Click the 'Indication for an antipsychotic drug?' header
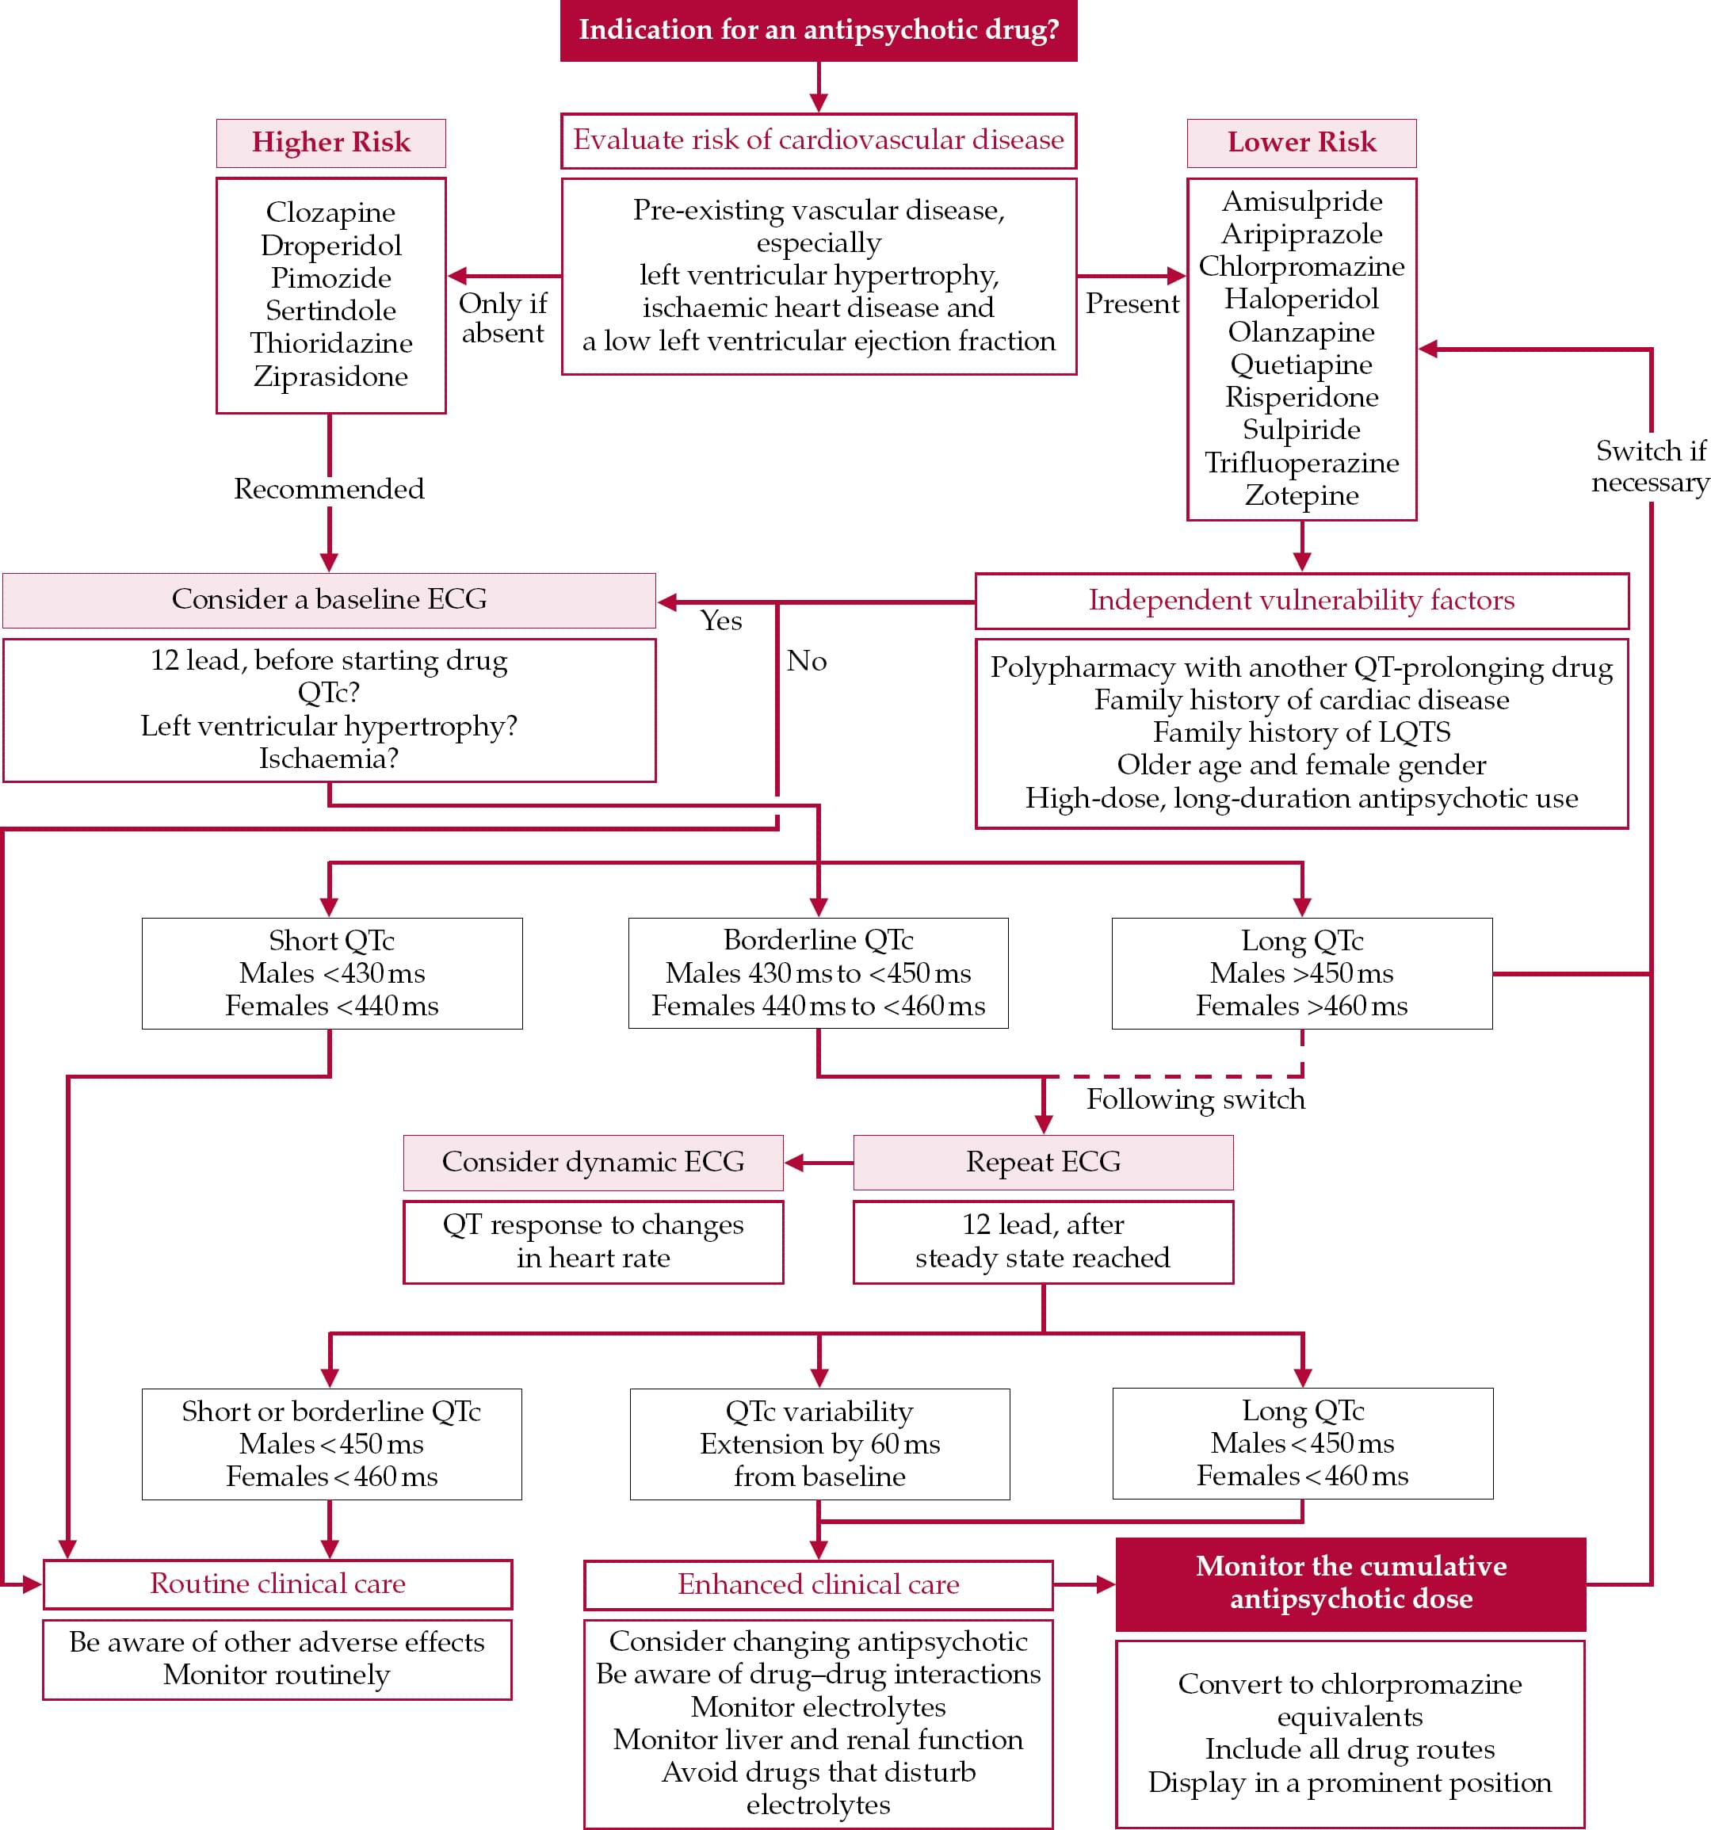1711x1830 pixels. pos(818,30)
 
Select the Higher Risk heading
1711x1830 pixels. pos(330,143)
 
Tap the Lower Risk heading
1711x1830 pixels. pos(1300,143)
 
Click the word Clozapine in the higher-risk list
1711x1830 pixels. pos(330,212)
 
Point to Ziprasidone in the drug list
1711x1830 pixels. pos(330,376)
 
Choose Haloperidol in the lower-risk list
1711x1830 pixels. pos(1300,299)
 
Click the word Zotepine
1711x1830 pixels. pos(1300,495)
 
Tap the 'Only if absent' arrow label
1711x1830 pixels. pos(502,318)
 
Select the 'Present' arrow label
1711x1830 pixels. pos(1131,304)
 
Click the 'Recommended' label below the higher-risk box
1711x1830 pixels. pos(329,489)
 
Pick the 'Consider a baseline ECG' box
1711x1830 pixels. pos(329,600)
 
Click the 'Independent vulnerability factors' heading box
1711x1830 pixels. pos(1300,601)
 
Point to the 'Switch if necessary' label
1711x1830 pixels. pos(1649,467)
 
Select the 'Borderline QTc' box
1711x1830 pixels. pos(818,973)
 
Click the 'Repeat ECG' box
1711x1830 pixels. pos(1043,1162)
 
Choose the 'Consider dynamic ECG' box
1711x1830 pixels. pos(593,1162)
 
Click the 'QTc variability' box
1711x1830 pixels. pos(819,1443)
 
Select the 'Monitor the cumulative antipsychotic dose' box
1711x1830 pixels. pos(1350,1583)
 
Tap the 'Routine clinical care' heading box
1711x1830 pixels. pos(277,1584)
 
